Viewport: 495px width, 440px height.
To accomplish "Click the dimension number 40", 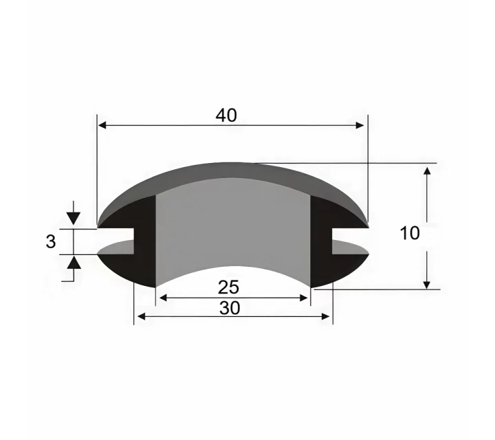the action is (226, 115).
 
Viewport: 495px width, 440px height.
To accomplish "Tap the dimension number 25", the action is (228, 287).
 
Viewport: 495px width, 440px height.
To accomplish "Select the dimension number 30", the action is (230, 308).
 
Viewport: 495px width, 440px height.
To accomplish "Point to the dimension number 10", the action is (410, 234).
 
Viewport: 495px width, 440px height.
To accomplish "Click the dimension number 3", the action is (50, 242).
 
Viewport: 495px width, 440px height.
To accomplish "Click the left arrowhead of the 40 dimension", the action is (102, 125).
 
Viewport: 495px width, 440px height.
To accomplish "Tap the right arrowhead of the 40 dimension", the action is (360, 125).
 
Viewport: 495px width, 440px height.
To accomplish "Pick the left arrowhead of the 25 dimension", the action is (163, 298).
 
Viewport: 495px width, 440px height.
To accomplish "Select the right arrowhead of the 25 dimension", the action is (303, 298).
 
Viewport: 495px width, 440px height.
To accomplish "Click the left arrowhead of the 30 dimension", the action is (142, 316).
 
